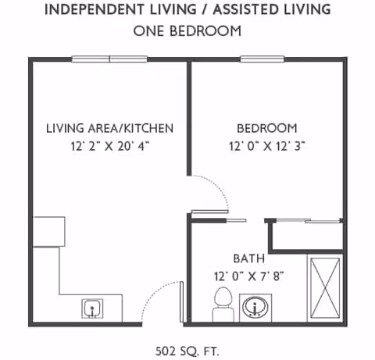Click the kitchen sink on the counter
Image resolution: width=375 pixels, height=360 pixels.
(93, 308)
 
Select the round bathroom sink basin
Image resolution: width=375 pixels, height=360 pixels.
(253, 307)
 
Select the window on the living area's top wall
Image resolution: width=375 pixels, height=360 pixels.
(109, 59)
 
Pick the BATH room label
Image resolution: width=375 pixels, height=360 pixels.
(249, 258)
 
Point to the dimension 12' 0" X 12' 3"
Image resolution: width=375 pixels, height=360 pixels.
(266, 146)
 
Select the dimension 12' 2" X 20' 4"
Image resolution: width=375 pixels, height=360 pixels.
(109, 146)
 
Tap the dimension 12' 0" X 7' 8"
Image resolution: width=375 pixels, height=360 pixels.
(249, 276)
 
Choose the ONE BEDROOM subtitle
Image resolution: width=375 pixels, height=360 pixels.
(187, 31)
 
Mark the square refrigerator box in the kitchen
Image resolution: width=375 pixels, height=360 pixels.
(48, 233)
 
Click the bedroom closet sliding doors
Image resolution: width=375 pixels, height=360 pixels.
(305, 221)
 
